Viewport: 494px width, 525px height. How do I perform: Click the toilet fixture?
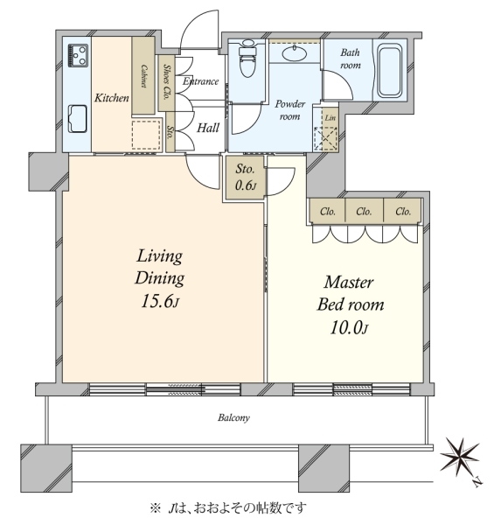(247, 59)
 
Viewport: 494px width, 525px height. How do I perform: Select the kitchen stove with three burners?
(79, 55)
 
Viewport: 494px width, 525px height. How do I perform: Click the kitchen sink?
(78, 119)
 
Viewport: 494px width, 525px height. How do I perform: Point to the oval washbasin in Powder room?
(295, 53)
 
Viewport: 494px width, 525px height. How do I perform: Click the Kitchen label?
(112, 98)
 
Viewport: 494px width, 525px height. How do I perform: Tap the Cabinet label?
(143, 76)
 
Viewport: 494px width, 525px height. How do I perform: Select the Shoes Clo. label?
(165, 82)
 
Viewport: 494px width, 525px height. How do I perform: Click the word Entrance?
(201, 81)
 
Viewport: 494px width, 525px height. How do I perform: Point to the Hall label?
(208, 128)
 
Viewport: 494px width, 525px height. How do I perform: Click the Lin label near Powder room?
(330, 118)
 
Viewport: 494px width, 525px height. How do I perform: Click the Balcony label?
(233, 418)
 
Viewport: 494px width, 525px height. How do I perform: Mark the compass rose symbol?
(459, 456)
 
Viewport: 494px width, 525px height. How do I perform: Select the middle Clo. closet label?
(364, 212)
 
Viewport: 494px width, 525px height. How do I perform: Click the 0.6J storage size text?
(246, 185)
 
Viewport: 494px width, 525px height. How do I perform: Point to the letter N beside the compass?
(477, 483)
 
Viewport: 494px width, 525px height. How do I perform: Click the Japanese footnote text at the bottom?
(228, 508)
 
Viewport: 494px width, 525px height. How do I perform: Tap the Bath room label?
(351, 59)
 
